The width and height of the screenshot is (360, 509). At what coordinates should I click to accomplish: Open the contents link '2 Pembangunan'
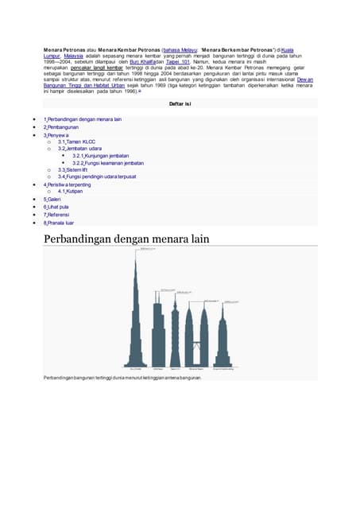62,126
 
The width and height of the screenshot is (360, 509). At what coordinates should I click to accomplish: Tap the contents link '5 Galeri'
54,200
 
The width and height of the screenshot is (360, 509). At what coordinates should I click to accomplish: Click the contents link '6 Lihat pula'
58,207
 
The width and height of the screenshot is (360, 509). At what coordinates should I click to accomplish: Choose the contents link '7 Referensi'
58,215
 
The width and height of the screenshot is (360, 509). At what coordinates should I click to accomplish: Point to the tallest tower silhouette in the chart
136,318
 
